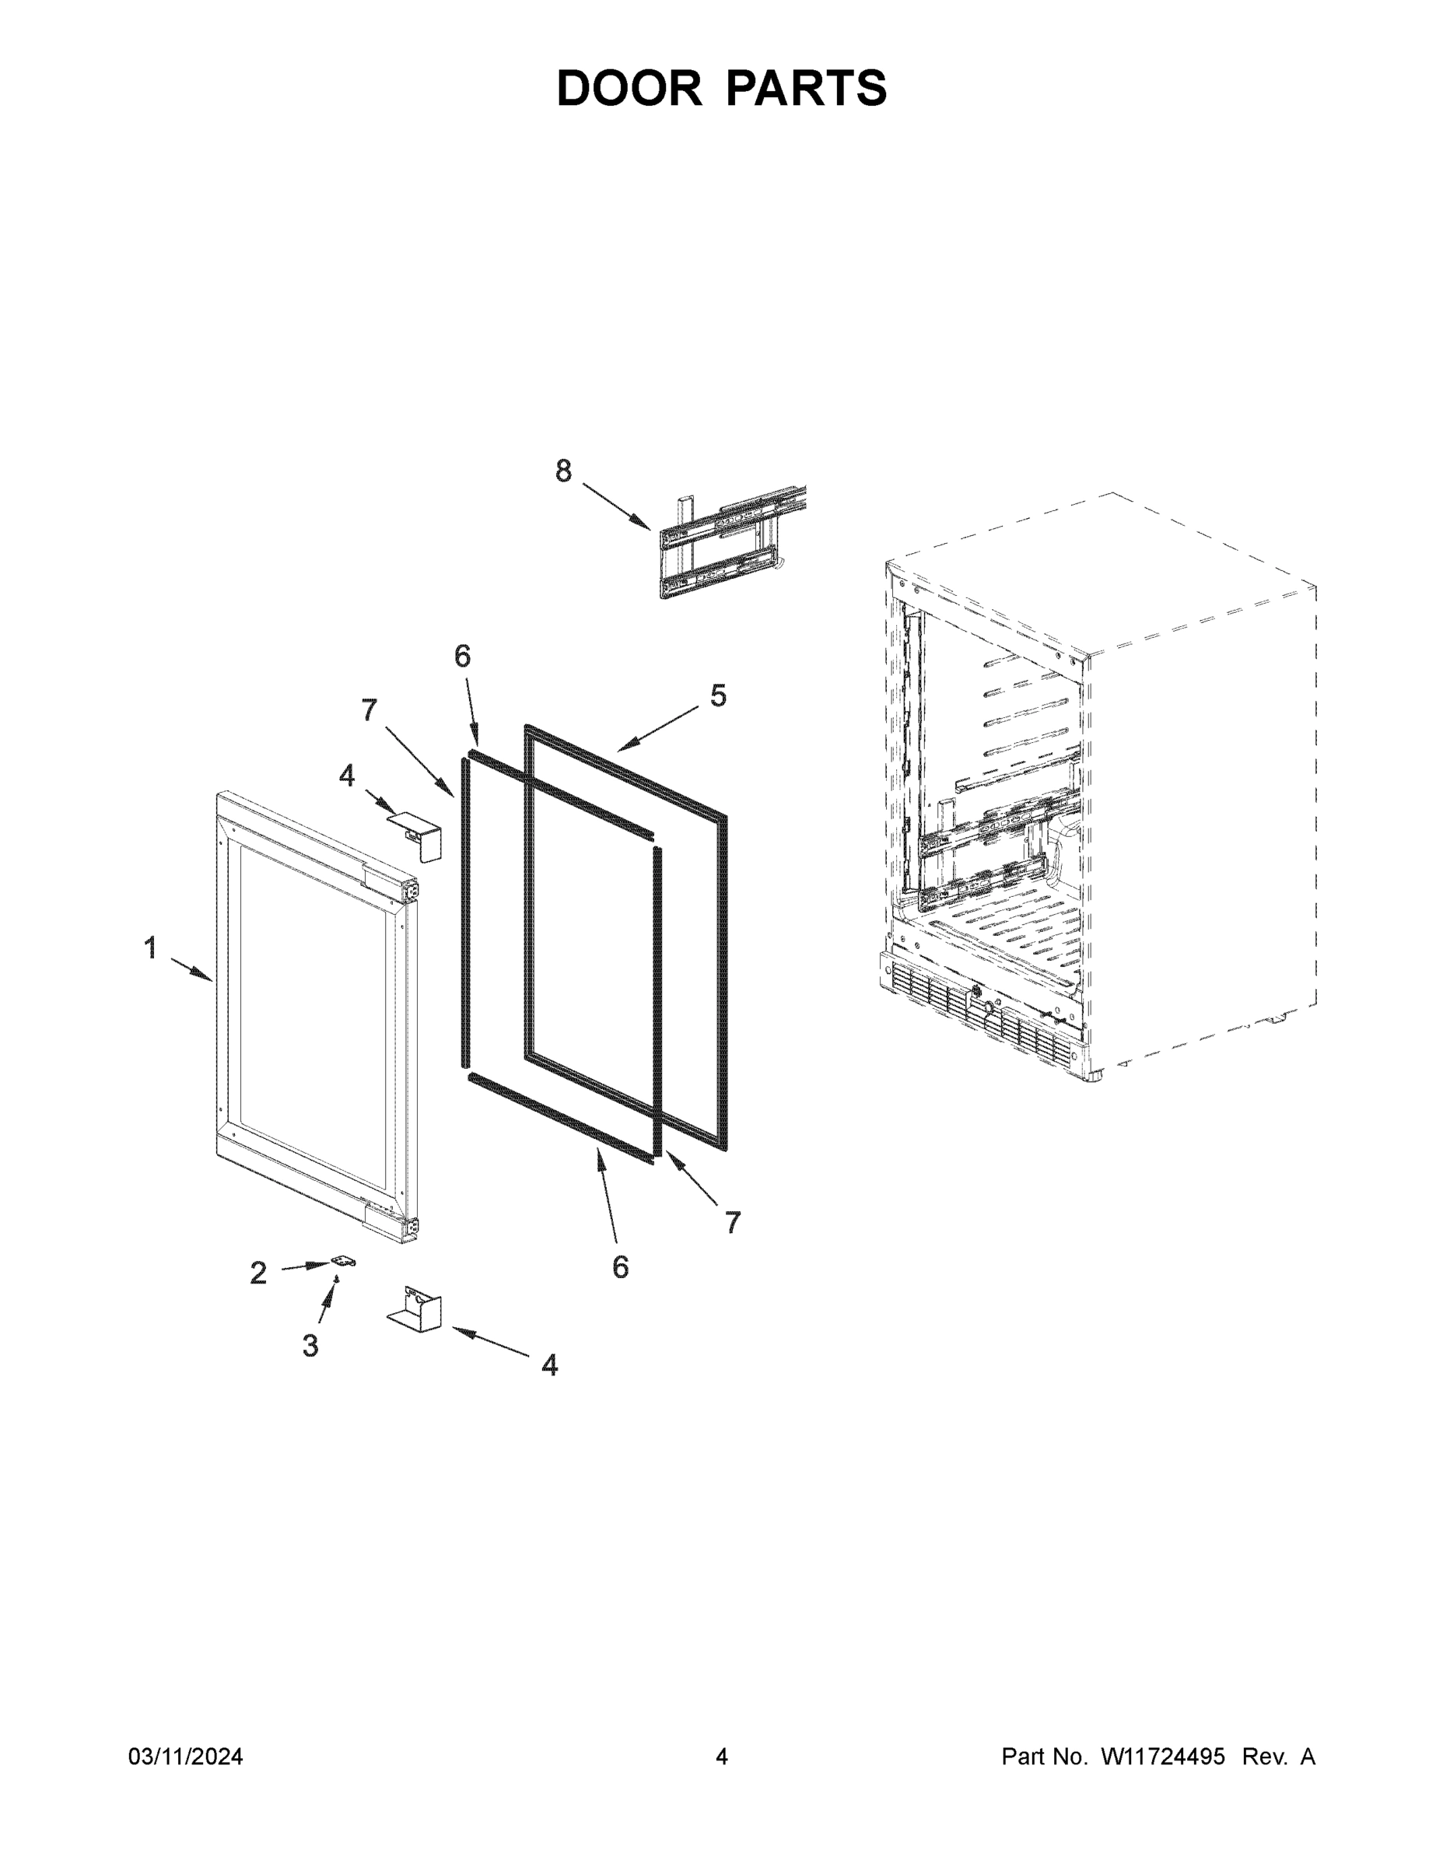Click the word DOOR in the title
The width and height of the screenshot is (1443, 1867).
[x=629, y=88]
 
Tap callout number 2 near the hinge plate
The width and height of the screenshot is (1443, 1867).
[x=258, y=1273]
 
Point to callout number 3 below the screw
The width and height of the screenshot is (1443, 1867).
[x=310, y=1346]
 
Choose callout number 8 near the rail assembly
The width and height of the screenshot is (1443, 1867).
[x=563, y=470]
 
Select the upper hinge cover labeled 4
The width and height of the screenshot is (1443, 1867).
[x=416, y=835]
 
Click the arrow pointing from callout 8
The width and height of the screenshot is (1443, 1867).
[x=616, y=507]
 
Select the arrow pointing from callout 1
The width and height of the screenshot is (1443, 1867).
[x=191, y=969]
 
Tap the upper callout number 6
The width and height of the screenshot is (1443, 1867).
[x=463, y=656]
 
